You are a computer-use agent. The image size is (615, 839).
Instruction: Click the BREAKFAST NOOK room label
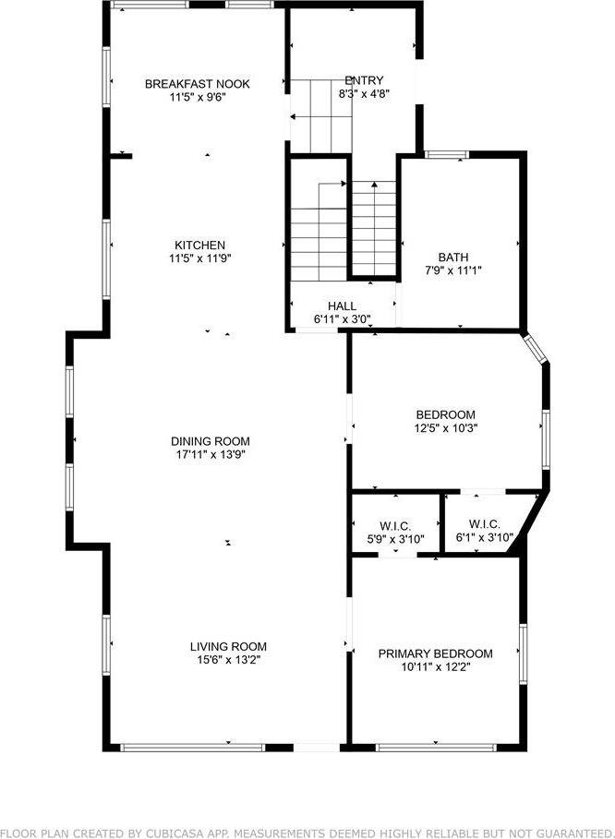point(197,84)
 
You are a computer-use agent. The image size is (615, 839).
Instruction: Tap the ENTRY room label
point(364,80)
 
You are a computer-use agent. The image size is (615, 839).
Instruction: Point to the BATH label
point(453,258)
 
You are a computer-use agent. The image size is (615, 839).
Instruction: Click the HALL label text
point(342,306)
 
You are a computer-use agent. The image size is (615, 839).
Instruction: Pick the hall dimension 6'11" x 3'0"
point(342,319)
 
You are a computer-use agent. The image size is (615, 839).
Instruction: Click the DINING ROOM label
point(210,441)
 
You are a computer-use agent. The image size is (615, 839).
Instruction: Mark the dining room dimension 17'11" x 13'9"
point(210,454)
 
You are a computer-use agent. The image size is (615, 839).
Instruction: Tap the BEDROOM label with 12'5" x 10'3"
point(445,414)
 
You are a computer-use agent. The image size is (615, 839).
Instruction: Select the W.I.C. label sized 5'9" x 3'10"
point(394,524)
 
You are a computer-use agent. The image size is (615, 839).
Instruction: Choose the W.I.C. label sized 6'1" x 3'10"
point(485,524)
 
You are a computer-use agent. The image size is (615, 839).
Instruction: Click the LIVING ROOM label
point(228,646)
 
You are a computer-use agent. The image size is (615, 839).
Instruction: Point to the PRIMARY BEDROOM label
point(435,653)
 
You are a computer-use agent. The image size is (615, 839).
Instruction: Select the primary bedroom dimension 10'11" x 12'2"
point(435,666)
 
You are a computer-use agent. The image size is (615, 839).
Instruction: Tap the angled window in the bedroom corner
point(535,351)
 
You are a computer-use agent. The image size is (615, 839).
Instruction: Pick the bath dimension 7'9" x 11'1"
point(453,270)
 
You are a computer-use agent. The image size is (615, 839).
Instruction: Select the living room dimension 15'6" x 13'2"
point(228,659)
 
